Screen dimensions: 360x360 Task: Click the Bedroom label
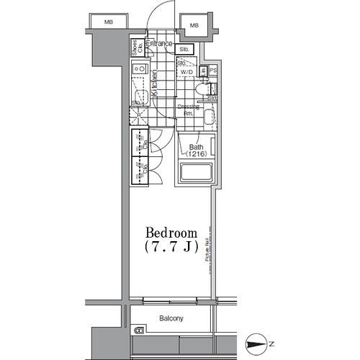pyautogui.click(x=172, y=233)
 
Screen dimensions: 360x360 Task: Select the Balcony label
pyautogui.click(x=171, y=318)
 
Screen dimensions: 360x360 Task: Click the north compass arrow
pyautogui.click(x=255, y=344)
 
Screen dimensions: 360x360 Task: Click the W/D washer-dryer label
pyautogui.click(x=186, y=72)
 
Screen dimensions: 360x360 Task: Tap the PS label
pyautogui.click(x=213, y=71)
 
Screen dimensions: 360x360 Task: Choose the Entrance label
pyautogui.click(x=160, y=44)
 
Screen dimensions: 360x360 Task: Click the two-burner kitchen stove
pyautogui.click(x=140, y=71)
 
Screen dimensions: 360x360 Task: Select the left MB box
pyautogui.click(x=109, y=22)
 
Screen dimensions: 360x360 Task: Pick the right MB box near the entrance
pyautogui.click(x=194, y=26)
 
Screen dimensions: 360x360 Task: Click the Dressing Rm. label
pyautogui.click(x=188, y=110)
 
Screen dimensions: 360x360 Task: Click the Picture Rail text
pyautogui.click(x=206, y=251)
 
